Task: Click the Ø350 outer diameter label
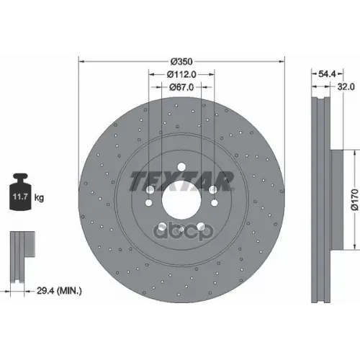pyautogui.click(x=181, y=62)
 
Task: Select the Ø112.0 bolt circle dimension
pyautogui.click(x=181, y=74)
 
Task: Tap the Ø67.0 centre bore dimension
pyautogui.click(x=181, y=87)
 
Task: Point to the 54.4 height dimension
pyautogui.click(x=327, y=74)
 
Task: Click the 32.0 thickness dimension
pyautogui.click(x=346, y=86)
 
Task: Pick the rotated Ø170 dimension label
pyautogui.click(x=354, y=199)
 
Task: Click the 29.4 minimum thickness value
pyautogui.click(x=45, y=291)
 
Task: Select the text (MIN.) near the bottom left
pyautogui.click(x=69, y=291)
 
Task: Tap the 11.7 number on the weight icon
pyautogui.click(x=20, y=197)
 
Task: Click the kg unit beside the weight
pyautogui.click(x=39, y=198)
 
